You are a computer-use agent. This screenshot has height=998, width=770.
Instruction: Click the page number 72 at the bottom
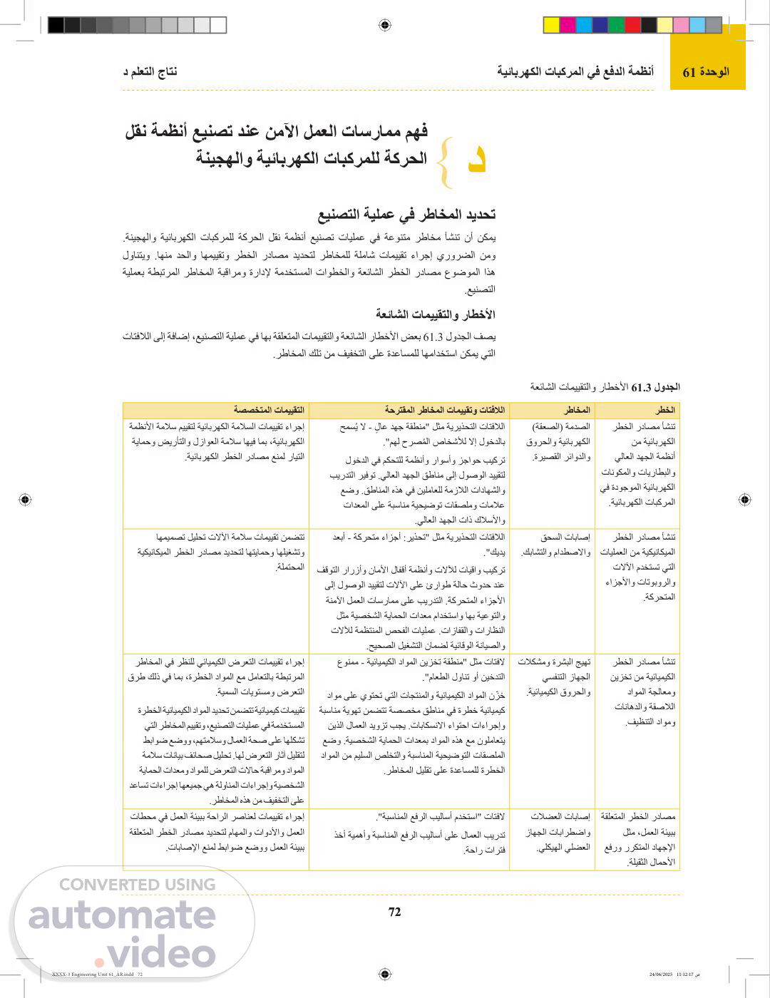pos(394,912)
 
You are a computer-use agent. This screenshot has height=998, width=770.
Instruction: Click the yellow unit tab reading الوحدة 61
pos(706,72)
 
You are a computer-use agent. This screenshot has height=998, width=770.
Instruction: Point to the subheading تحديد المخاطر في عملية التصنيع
pos(406,215)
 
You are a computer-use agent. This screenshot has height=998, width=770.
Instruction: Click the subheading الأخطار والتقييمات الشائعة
pos(436,314)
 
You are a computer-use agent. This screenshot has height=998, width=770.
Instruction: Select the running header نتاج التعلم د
pos(150,72)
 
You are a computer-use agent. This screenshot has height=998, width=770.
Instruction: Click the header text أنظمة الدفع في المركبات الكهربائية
pos(575,72)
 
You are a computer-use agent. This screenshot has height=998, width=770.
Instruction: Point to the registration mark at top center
pos(385,25)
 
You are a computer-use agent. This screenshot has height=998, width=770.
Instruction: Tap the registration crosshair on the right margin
pos(744,500)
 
